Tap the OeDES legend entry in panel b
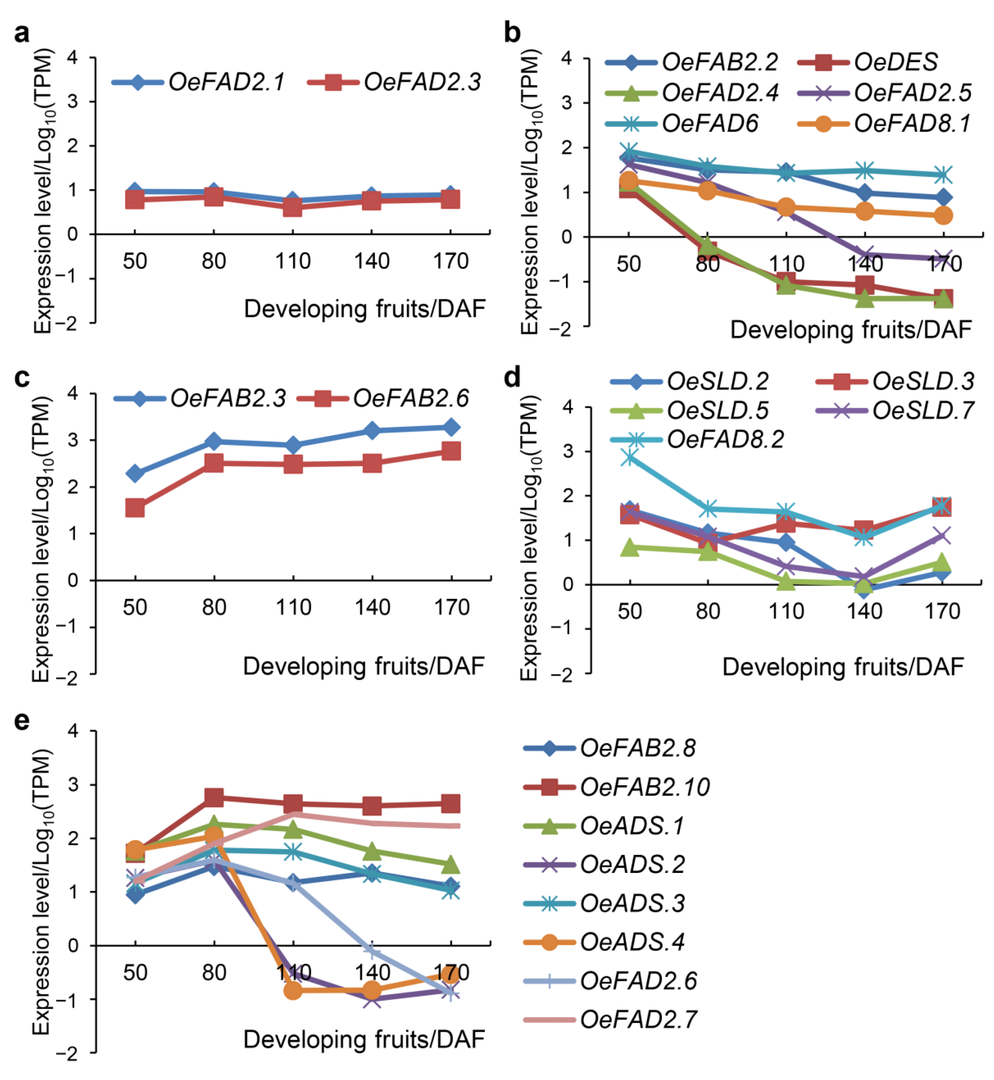[x=895, y=62]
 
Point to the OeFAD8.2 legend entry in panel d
[x=725, y=440]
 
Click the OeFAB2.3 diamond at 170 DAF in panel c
[x=451, y=428]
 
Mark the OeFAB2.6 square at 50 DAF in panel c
[x=134, y=508]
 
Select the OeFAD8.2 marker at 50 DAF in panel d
[x=630, y=458]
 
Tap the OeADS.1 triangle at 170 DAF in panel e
[x=451, y=865]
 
